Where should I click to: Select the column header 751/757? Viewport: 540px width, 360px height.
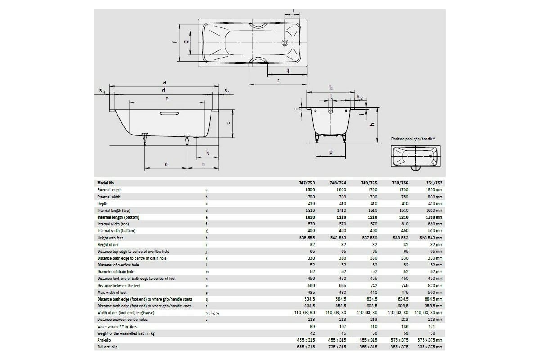point(434,183)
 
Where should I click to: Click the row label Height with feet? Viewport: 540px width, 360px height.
point(110,238)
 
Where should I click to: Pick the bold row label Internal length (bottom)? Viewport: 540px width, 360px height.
point(118,217)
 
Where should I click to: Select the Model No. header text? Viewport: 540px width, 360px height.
point(106,183)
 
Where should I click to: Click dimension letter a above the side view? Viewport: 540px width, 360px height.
point(165,82)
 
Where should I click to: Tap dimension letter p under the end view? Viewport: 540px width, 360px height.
point(331,153)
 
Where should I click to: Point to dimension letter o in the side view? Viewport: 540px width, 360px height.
point(166,164)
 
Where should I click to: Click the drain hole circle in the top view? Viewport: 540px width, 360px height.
point(285,43)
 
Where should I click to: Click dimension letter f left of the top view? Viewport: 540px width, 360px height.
point(174,43)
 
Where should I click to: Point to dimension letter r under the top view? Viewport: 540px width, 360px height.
point(278,81)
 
